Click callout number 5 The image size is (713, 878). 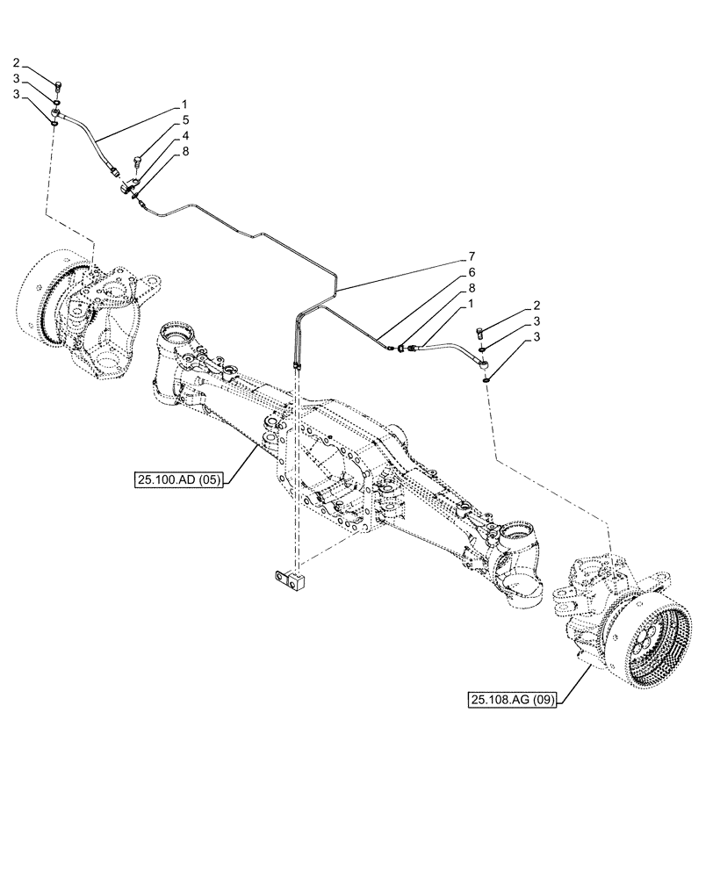click(x=185, y=120)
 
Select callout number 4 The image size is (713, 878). click(x=185, y=135)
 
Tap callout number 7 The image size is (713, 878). click(x=472, y=260)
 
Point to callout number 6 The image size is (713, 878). click(x=472, y=274)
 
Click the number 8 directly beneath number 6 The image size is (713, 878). click(x=472, y=288)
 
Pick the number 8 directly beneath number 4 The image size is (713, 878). click(x=185, y=151)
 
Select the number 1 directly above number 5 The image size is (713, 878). click(x=185, y=104)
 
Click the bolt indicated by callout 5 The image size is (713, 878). click(x=138, y=162)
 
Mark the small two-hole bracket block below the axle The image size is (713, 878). click(x=289, y=579)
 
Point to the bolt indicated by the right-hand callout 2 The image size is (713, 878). click(x=479, y=332)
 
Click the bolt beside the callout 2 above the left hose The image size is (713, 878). click(x=58, y=86)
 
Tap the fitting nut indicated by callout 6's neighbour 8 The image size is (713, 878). click(x=401, y=349)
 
